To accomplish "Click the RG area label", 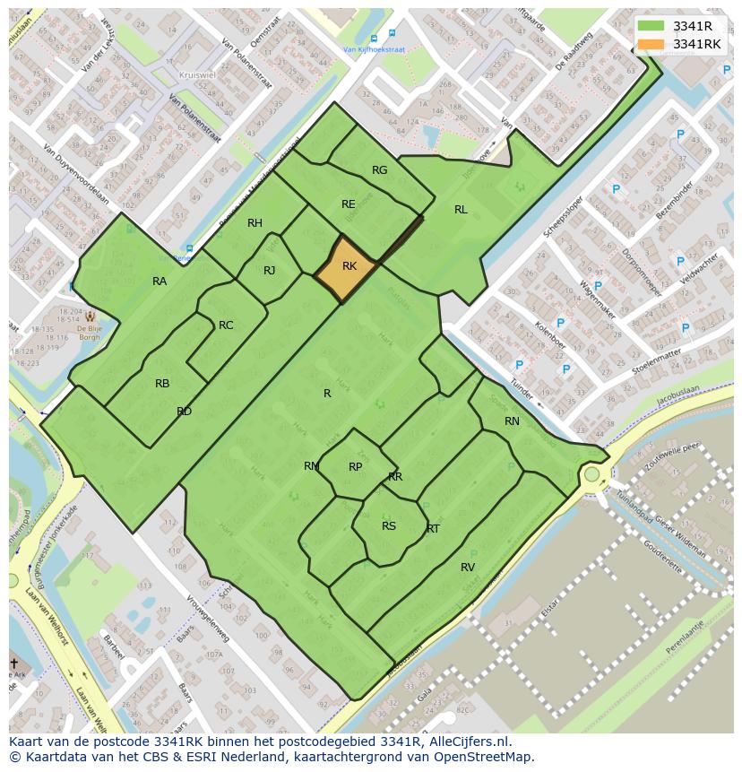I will (380, 170).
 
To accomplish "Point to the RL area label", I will (461, 210).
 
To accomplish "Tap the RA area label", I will (160, 282).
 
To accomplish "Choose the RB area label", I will (162, 384).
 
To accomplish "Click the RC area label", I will (226, 325).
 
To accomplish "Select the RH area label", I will (255, 223).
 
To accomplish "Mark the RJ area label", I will (270, 271).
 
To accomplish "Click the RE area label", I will (349, 204).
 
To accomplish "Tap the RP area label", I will (356, 467).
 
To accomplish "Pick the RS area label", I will (389, 526).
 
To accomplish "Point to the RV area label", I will (468, 568).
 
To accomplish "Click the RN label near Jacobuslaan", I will (512, 421).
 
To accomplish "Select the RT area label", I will (433, 529).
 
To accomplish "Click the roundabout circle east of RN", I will (591, 473).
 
